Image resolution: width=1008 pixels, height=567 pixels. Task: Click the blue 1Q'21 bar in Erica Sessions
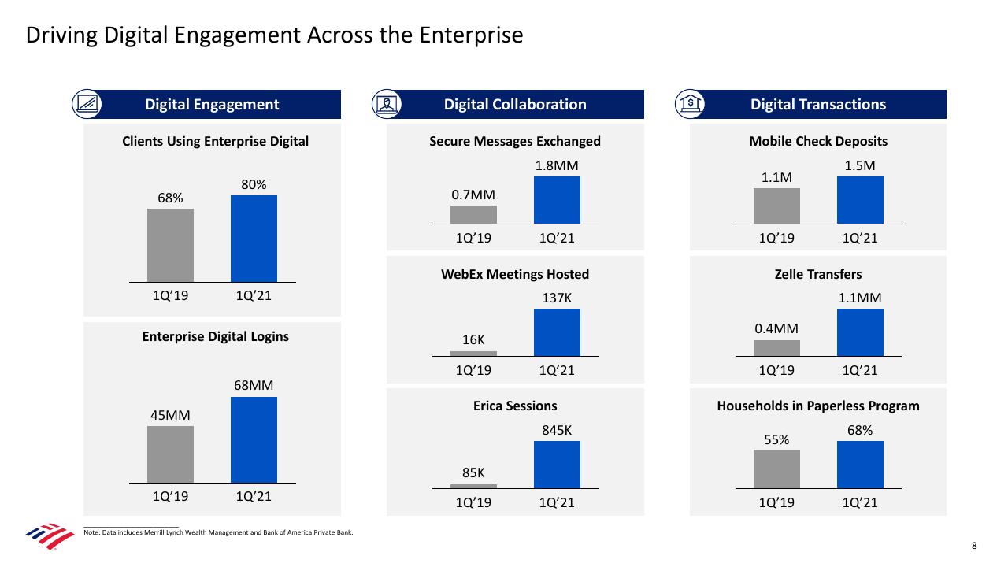(x=557, y=465)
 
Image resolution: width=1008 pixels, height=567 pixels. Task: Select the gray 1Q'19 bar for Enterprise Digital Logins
(x=170, y=454)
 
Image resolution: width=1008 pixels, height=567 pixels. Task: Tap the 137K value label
(x=557, y=298)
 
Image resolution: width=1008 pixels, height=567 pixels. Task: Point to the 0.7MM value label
(x=473, y=195)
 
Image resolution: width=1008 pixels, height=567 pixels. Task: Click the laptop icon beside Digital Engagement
(x=87, y=104)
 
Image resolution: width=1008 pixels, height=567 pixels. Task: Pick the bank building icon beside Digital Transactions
(x=690, y=104)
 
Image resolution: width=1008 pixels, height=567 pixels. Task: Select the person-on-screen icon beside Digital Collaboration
(x=387, y=104)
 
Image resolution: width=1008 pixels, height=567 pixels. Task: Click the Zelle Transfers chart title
(x=818, y=274)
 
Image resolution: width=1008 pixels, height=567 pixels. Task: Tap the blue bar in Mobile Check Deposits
(x=860, y=200)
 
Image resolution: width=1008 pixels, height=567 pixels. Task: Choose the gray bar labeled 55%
(x=776, y=469)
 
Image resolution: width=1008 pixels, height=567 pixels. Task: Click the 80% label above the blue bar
(x=254, y=184)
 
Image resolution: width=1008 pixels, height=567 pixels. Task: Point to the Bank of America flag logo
(x=50, y=536)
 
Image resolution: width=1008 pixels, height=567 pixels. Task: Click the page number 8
(x=974, y=546)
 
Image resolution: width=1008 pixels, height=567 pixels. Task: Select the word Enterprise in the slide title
(x=471, y=35)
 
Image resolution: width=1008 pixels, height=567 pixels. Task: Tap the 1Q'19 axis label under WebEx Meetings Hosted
(x=473, y=370)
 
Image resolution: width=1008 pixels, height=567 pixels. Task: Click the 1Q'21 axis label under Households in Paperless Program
(x=860, y=502)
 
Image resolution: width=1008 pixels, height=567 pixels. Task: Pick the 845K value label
(x=557, y=430)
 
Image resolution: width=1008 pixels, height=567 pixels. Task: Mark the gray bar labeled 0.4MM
(x=776, y=348)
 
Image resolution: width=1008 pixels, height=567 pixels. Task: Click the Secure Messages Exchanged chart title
(x=515, y=141)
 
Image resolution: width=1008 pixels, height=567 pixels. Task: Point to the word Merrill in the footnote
(x=155, y=532)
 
